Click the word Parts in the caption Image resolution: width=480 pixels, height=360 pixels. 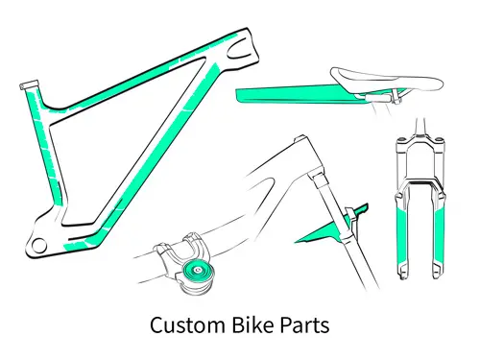[x=305, y=325]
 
